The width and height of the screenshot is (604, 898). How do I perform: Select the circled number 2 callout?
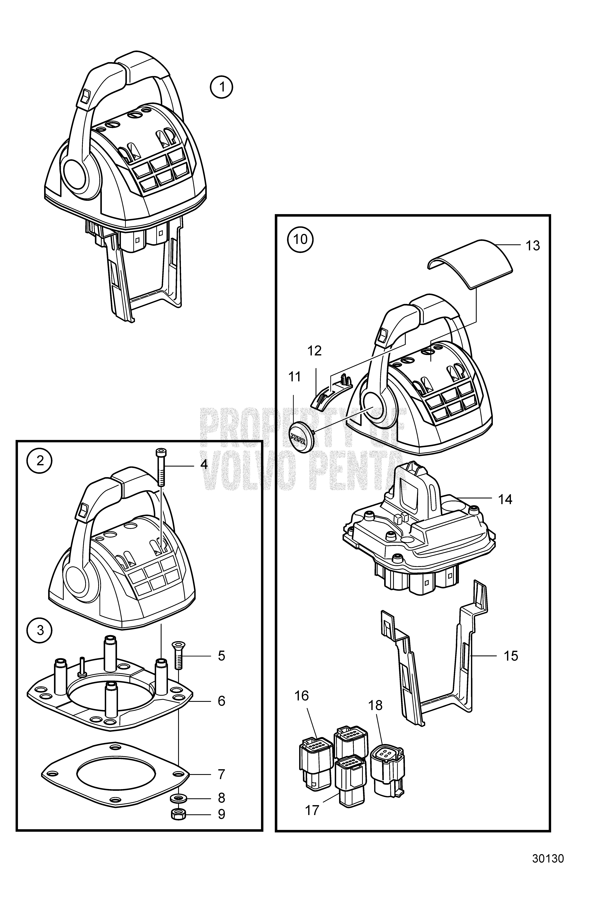point(40,461)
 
